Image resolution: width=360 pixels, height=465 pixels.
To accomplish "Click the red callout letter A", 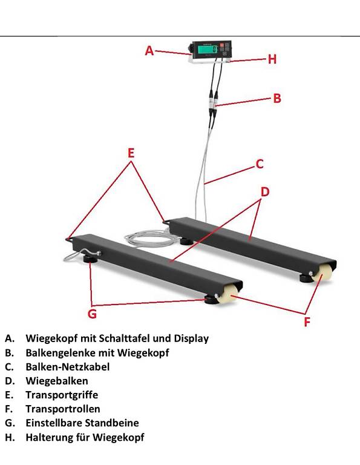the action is point(149,51).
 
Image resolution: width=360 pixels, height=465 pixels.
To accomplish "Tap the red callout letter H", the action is point(272,59).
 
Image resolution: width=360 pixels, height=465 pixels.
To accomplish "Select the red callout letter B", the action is point(277,98).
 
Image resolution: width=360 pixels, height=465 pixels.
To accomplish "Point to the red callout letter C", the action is point(260,163).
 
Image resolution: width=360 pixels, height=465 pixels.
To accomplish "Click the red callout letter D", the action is point(265,192).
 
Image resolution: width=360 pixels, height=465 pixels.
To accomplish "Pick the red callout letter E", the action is point(131,153).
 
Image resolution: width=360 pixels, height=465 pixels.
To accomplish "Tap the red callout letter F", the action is point(307,322).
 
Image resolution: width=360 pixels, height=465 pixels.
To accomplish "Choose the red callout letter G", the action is point(92,314).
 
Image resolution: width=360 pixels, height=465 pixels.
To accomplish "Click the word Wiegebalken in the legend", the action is point(57,381).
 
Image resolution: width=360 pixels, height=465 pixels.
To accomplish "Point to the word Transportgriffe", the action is point(62,395).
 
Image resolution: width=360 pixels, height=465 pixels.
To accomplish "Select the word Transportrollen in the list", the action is point(63,409).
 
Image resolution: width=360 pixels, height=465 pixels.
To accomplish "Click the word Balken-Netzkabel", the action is point(68,367).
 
